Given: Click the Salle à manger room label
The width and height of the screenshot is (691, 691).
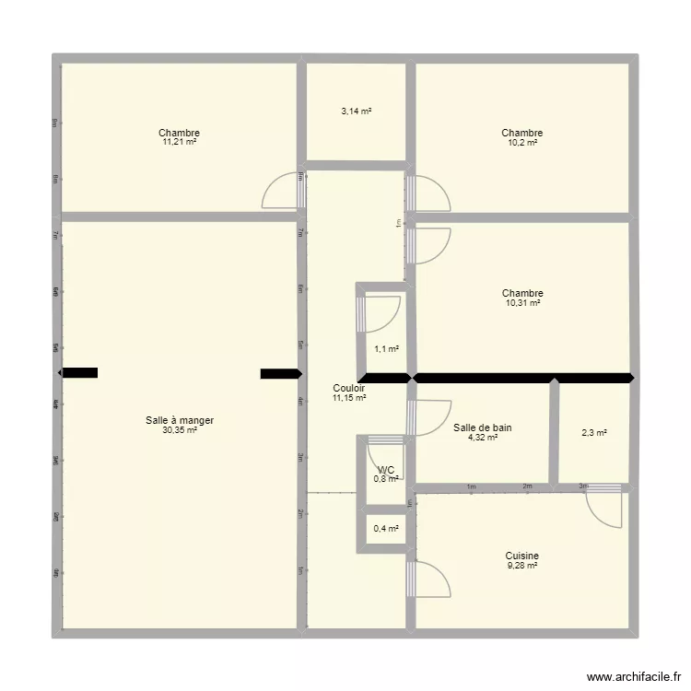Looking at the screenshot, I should (x=179, y=420).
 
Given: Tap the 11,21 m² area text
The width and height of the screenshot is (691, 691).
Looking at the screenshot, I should (x=179, y=143).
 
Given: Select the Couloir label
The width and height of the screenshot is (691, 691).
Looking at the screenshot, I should (x=349, y=388).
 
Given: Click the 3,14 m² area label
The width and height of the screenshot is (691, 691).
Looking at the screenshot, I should (x=356, y=111).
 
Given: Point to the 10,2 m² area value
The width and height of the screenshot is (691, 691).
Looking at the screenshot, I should (x=521, y=143).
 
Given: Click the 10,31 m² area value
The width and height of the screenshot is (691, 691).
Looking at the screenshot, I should (x=522, y=303).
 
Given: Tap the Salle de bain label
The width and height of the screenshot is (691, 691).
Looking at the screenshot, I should (x=482, y=427).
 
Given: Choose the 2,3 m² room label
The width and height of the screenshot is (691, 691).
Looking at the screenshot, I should (x=594, y=432).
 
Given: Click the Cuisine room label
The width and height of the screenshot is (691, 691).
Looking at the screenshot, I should (x=521, y=556).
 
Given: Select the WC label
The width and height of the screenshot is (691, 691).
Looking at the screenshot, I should (x=386, y=470).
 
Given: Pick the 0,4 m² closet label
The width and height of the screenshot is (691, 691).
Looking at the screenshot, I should (x=386, y=529).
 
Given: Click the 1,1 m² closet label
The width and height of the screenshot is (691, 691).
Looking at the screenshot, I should (x=386, y=348).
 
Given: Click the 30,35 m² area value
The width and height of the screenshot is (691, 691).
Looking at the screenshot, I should (x=179, y=430).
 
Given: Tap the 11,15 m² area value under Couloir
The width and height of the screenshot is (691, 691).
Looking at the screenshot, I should (x=349, y=398).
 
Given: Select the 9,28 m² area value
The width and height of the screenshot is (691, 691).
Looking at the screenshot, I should (x=521, y=567).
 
